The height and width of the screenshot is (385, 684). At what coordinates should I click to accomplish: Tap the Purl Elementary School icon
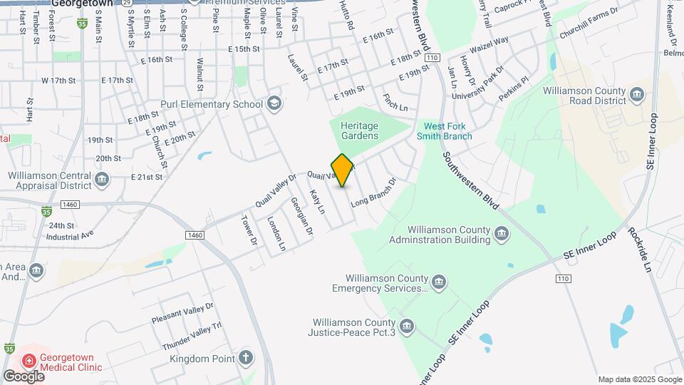274,105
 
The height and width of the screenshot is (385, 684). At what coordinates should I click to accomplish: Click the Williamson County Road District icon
636,93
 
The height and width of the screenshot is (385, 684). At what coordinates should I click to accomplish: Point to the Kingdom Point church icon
246,357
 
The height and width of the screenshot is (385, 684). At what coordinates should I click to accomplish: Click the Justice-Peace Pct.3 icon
406,327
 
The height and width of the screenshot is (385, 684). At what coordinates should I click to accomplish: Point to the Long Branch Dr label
373,192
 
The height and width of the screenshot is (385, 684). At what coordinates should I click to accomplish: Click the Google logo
24,376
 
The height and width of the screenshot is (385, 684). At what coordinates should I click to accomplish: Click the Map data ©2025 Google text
639,379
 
